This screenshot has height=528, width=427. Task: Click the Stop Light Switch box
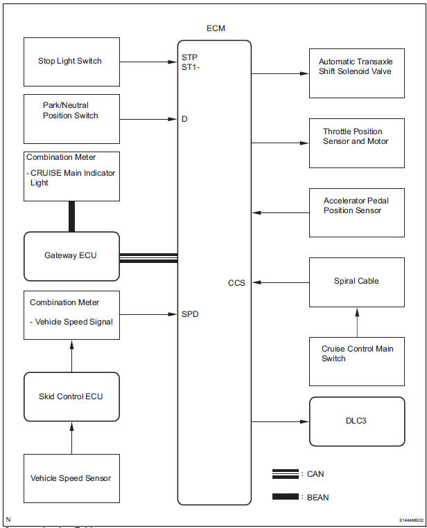(71, 62)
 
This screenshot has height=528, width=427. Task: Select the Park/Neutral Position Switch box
(71, 119)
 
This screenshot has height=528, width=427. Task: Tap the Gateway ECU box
(71, 256)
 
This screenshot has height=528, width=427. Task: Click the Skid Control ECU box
(71, 397)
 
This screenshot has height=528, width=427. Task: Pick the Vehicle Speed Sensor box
(71, 478)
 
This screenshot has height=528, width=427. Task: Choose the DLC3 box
(357, 421)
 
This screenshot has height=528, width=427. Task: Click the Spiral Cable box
(357, 282)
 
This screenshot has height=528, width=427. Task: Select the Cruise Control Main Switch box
(357, 361)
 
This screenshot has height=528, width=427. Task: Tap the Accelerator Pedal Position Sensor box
(357, 213)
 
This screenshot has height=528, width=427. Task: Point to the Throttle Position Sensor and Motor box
(357, 143)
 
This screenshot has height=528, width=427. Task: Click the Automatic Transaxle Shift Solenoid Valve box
(357, 72)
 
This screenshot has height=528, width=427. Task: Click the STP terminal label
(189, 57)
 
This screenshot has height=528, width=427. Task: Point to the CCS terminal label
(236, 283)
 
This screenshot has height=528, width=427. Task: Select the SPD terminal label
(190, 314)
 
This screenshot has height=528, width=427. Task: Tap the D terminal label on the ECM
(185, 119)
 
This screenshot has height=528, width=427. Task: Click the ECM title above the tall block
(215, 28)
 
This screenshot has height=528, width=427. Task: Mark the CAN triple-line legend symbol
(285, 474)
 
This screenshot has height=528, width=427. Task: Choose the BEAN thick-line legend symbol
(285, 497)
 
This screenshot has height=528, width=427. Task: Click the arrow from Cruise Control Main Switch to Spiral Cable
(357, 322)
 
